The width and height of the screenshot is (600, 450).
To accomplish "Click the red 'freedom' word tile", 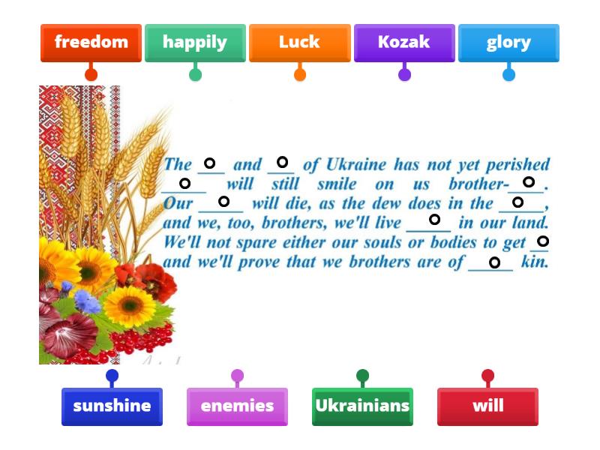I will click(91, 42).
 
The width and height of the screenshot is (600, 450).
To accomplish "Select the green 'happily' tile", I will click(195, 42).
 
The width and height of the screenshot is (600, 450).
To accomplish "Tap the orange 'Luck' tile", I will click(299, 42).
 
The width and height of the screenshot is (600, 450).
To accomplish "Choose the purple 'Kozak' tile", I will click(404, 42).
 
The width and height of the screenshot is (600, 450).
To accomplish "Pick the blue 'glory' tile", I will click(508, 42).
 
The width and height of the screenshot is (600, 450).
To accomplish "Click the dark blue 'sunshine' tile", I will click(112, 406).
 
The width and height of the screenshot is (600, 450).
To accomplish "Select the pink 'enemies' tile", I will click(237, 406).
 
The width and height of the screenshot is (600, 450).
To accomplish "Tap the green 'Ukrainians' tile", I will click(362, 406).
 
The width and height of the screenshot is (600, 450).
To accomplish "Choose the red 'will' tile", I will click(487, 406).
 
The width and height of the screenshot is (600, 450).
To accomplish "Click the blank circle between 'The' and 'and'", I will click(210, 163).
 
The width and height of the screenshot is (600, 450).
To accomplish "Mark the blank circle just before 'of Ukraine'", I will click(282, 162).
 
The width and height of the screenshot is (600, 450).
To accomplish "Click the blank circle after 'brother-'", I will click(529, 182).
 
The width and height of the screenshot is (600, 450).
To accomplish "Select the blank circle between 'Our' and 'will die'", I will click(223, 201).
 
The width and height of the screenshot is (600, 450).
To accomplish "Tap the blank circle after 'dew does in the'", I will click(517, 202).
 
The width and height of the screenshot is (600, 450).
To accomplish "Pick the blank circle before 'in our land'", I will click(434, 220).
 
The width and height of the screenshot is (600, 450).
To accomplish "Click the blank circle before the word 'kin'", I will click(494, 262).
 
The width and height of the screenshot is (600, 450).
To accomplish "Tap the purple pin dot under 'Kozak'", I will click(404, 73).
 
